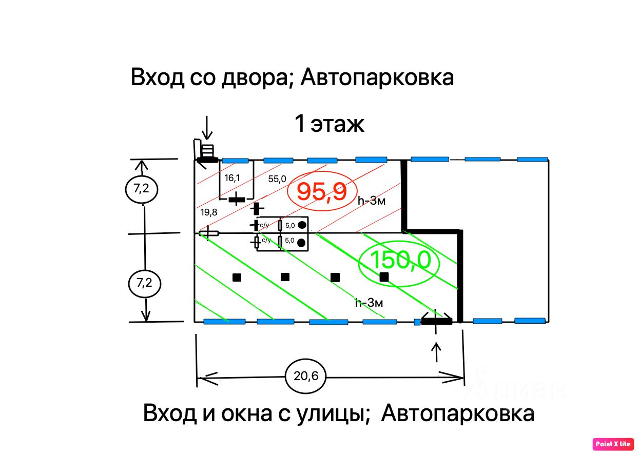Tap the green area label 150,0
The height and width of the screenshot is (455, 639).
pyautogui.click(x=400, y=261)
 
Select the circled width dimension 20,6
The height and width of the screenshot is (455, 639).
pyautogui.click(x=306, y=376)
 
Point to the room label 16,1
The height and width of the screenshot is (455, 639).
pyautogui.click(x=232, y=178)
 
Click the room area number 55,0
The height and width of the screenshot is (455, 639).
pyautogui.click(x=277, y=179)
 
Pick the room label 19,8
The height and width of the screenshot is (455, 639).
pyautogui.click(x=209, y=212)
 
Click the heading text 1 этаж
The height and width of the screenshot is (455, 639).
pyautogui.click(x=330, y=124)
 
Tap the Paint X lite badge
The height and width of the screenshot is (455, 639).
pyautogui.click(x=613, y=444)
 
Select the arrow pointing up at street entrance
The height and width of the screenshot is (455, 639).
pyautogui.click(x=436, y=352)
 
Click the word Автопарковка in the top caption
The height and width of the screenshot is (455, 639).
pyautogui.click(x=377, y=78)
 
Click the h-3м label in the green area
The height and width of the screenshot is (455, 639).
pyautogui.click(x=369, y=303)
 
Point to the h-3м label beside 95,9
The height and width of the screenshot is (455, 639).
pyautogui.click(x=371, y=201)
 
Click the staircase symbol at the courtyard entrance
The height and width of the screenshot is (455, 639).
pyautogui.click(x=207, y=151)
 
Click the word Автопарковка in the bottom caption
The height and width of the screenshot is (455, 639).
pyautogui.click(x=458, y=413)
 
